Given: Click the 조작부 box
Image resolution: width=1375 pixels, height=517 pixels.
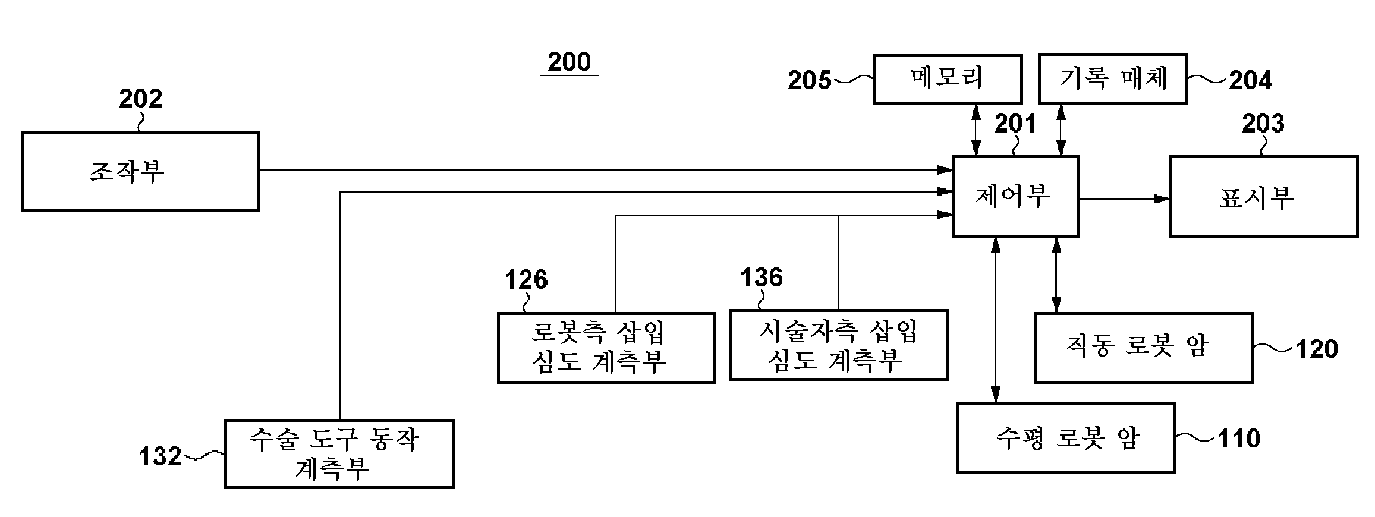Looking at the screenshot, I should point(140,172).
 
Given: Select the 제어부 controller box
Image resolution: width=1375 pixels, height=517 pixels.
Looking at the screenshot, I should point(1015,197).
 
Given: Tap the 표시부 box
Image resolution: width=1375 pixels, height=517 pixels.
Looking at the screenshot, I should point(1263,197).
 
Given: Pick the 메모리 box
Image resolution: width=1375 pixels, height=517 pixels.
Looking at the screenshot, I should point(948,79).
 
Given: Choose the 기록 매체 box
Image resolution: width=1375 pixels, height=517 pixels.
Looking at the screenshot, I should point(1112,79).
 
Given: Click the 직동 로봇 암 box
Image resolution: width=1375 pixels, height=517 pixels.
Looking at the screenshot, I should point(1143,348).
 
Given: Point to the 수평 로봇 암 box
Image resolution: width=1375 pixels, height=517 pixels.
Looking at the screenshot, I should point(1065,438).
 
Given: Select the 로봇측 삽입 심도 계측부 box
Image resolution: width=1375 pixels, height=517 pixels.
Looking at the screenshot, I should point(606,348).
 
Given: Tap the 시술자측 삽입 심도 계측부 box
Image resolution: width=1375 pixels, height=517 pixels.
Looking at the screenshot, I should point(838,345).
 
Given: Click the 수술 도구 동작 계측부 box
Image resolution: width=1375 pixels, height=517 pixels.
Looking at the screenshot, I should point(339,454).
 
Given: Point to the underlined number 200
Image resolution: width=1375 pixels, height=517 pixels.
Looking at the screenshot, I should point(569,62).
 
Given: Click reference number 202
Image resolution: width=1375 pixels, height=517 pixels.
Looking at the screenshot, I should point(140,99).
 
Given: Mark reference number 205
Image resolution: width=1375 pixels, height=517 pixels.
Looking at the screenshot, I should point(810,80).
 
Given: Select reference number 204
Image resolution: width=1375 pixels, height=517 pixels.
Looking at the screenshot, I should point(1250,80).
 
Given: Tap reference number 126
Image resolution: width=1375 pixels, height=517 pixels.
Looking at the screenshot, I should point(526,279).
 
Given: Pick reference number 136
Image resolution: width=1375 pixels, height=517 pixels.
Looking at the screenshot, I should point(761,278).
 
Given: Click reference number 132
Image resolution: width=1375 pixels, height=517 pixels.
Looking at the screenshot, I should point(160,456).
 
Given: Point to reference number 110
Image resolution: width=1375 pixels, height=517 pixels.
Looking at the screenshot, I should point(1239,439).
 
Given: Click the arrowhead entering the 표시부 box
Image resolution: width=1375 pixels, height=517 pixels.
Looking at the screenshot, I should point(1162,199).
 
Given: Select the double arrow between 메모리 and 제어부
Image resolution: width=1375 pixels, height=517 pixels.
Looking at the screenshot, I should point(975,130).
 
